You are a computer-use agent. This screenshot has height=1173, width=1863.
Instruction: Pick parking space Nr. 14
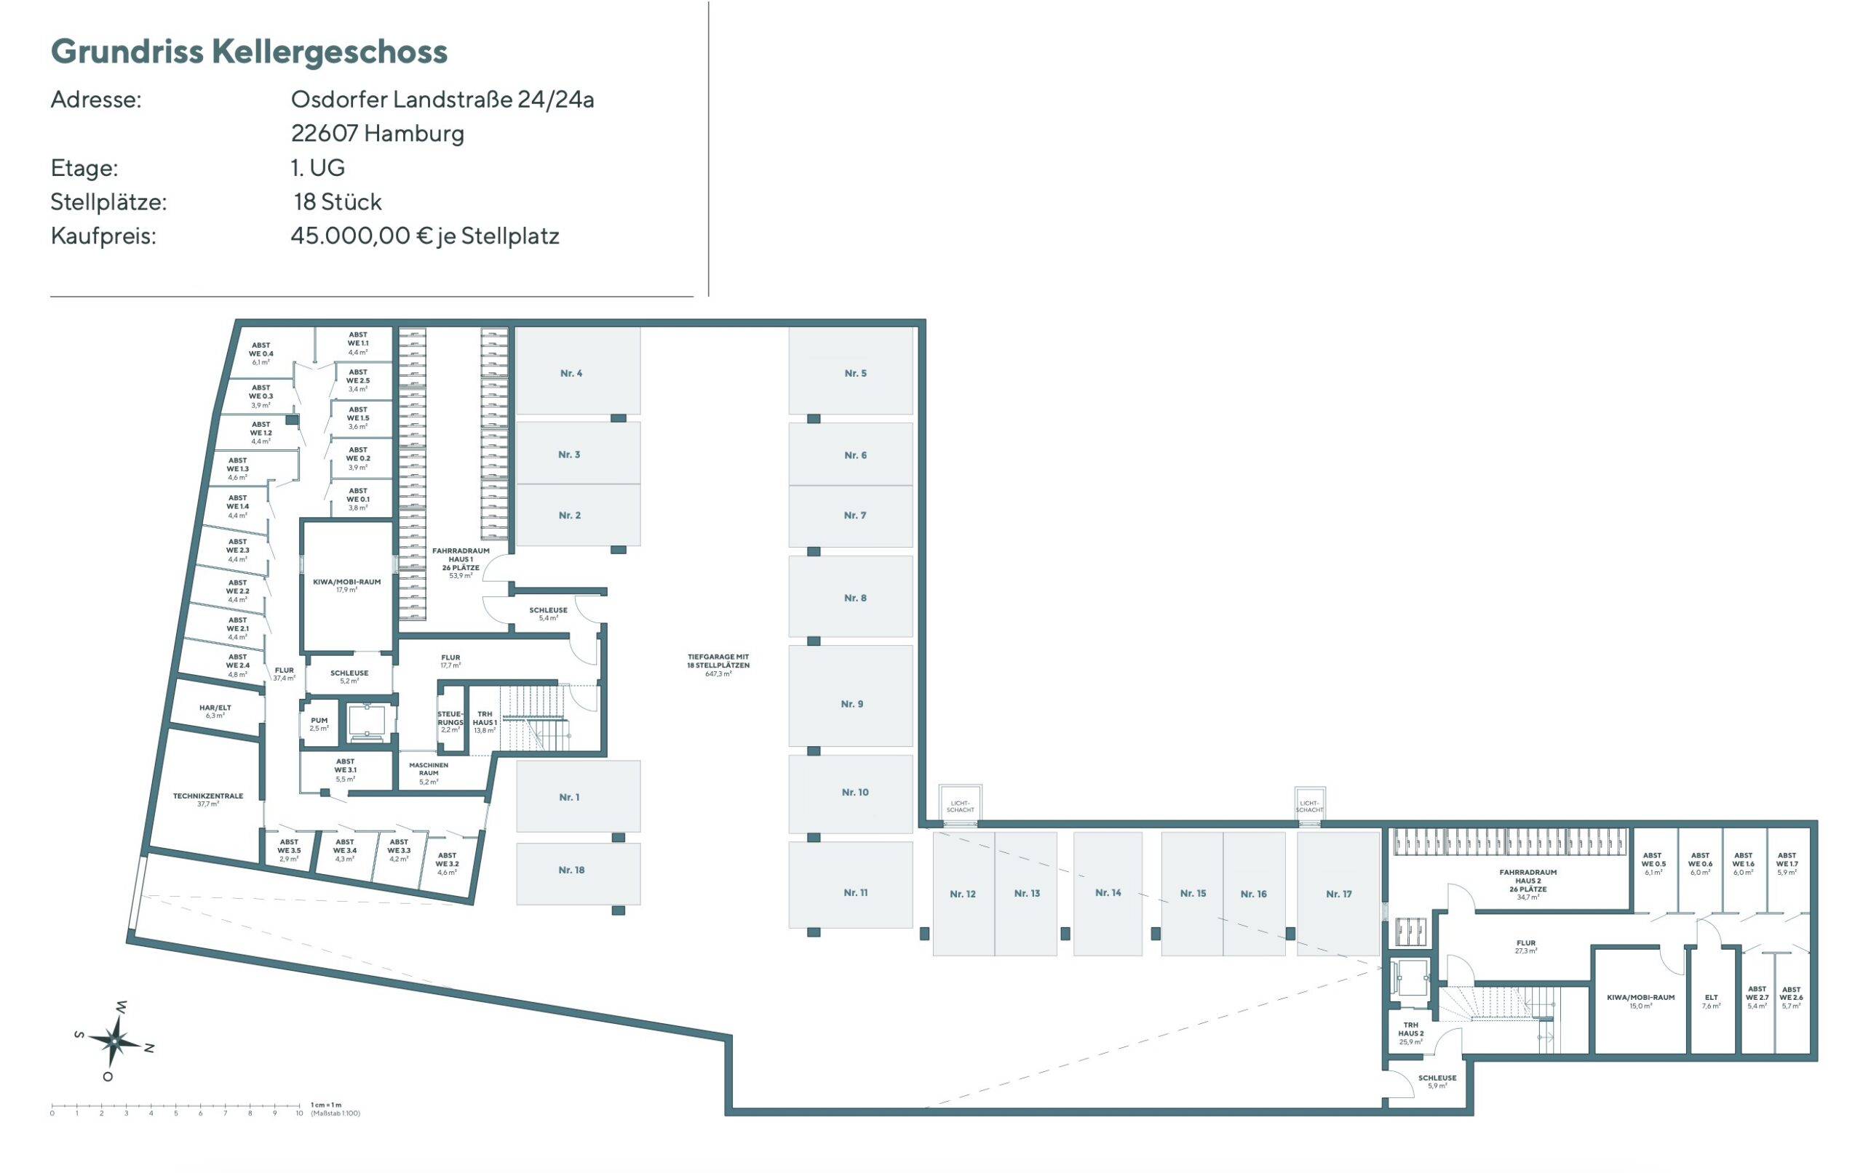coord(1107,892)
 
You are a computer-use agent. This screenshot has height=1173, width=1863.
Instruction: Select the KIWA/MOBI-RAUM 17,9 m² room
coord(346,585)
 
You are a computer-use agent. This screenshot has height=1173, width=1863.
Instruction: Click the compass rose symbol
coord(114,1041)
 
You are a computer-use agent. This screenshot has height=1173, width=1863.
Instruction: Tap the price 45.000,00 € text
coord(360,236)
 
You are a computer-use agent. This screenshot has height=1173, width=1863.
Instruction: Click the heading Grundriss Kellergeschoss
coord(248,51)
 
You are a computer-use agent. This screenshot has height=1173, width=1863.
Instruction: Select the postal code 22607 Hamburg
coord(377,133)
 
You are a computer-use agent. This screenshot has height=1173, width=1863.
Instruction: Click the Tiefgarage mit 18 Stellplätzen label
coord(718,664)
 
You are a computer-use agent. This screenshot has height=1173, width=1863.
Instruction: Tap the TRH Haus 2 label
coord(1410,1033)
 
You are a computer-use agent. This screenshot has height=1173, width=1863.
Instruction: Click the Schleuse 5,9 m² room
coord(1436,1081)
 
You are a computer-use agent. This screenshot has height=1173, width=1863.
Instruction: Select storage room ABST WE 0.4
coord(261,353)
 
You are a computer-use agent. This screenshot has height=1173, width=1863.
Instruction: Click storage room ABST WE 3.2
coord(446,863)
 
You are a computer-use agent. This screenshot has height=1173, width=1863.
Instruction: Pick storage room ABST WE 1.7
coord(1787,864)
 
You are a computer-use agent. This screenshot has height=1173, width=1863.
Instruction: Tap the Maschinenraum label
coord(428,772)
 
